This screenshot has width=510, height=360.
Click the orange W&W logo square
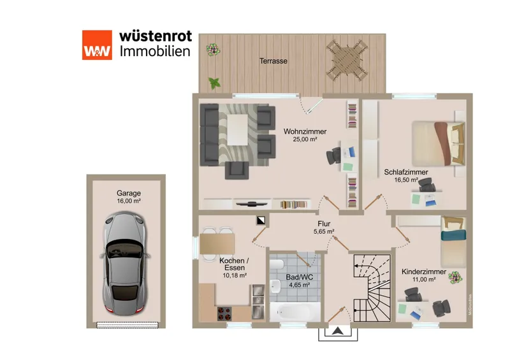point(97,45)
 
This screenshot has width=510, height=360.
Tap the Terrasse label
point(273,61)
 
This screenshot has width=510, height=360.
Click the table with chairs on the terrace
point(347,60)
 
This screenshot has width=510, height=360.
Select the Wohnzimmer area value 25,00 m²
point(305,139)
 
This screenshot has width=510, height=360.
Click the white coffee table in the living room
point(237,130)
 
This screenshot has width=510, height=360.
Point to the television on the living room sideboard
point(251,204)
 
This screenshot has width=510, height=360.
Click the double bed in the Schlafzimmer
point(439,144)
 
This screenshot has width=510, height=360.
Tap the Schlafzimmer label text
point(406,172)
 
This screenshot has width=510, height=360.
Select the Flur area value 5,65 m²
point(324,231)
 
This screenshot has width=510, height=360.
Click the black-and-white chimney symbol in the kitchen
point(261,221)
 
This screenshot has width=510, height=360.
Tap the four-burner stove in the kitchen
point(224,314)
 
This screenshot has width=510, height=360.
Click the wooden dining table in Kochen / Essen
point(217,244)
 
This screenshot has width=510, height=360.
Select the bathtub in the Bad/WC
point(295,312)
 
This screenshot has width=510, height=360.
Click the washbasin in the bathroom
point(276,286)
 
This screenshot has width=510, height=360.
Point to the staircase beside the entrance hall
point(372,288)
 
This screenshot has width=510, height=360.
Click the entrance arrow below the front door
point(338,331)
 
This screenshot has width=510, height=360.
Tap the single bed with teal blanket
point(453,241)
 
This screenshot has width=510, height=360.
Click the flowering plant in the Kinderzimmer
point(455,277)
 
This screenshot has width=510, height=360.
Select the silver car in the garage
point(125,263)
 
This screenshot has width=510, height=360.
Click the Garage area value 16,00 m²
point(129,201)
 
